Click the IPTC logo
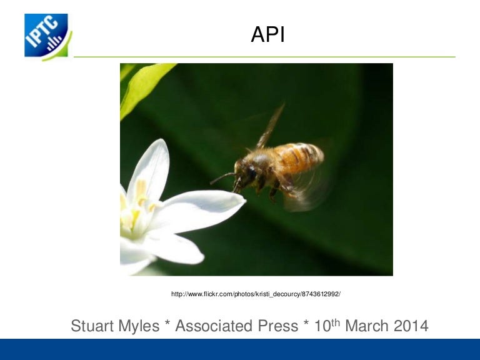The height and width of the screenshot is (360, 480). point(48,37)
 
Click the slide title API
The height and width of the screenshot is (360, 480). point(268,34)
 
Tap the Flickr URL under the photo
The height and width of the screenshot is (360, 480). point(256,294)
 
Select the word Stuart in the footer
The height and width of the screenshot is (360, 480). point(92,326)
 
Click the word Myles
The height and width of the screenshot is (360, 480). point(138,326)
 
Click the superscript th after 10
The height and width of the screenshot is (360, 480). point(336,322)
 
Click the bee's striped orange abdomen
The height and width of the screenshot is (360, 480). point(299,157)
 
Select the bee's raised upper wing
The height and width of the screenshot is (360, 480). point(270,127)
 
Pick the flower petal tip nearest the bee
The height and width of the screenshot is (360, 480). point(244,200)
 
